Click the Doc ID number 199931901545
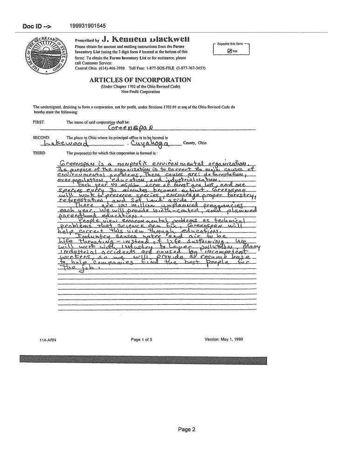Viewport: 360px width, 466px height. [x=87, y=26]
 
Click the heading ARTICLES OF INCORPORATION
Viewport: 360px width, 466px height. [x=140, y=80]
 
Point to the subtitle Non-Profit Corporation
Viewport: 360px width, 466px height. [x=140, y=91]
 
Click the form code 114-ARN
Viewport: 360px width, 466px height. [x=48, y=340]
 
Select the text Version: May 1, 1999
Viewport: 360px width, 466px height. [x=224, y=339]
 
